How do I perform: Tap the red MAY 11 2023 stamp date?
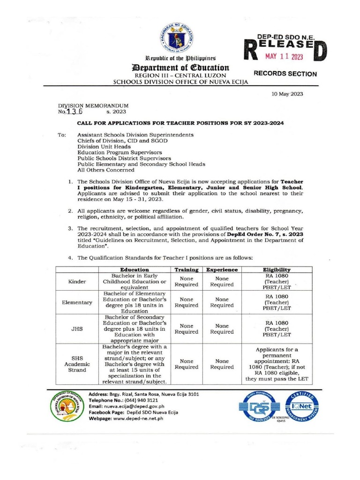click(285, 57)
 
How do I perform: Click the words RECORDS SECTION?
click(285, 74)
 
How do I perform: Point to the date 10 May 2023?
click(287, 94)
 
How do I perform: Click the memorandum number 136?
click(73, 112)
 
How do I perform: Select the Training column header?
click(187, 270)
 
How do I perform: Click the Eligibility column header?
click(277, 270)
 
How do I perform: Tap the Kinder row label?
click(77, 282)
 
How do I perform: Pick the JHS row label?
click(77, 329)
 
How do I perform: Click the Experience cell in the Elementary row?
click(222, 302)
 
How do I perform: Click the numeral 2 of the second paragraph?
click(70, 211)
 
